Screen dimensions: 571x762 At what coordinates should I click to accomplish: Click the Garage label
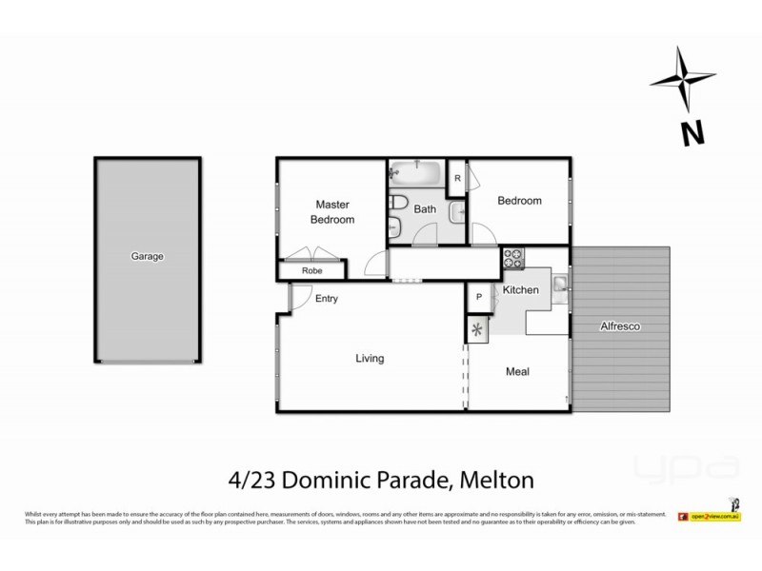tap(148, 257)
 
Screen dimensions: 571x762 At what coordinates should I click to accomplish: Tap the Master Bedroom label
tap(333, 212)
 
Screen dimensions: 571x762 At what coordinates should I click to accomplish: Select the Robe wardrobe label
tap(312, 271)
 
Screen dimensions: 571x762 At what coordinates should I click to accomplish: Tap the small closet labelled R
tap(458, 178)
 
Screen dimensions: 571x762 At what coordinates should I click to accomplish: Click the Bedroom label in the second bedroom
tap(520, 201)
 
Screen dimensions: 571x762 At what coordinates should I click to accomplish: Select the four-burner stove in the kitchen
tap(515, 257)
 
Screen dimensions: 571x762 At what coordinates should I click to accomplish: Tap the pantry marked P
tap(478, 298)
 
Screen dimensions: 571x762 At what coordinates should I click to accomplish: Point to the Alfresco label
tap(620, 326)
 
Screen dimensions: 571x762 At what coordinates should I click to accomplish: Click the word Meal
tap(517, 372)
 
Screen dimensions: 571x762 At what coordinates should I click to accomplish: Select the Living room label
tap(370, 359)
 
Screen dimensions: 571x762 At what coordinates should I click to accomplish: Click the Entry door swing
tap(300, 299)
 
